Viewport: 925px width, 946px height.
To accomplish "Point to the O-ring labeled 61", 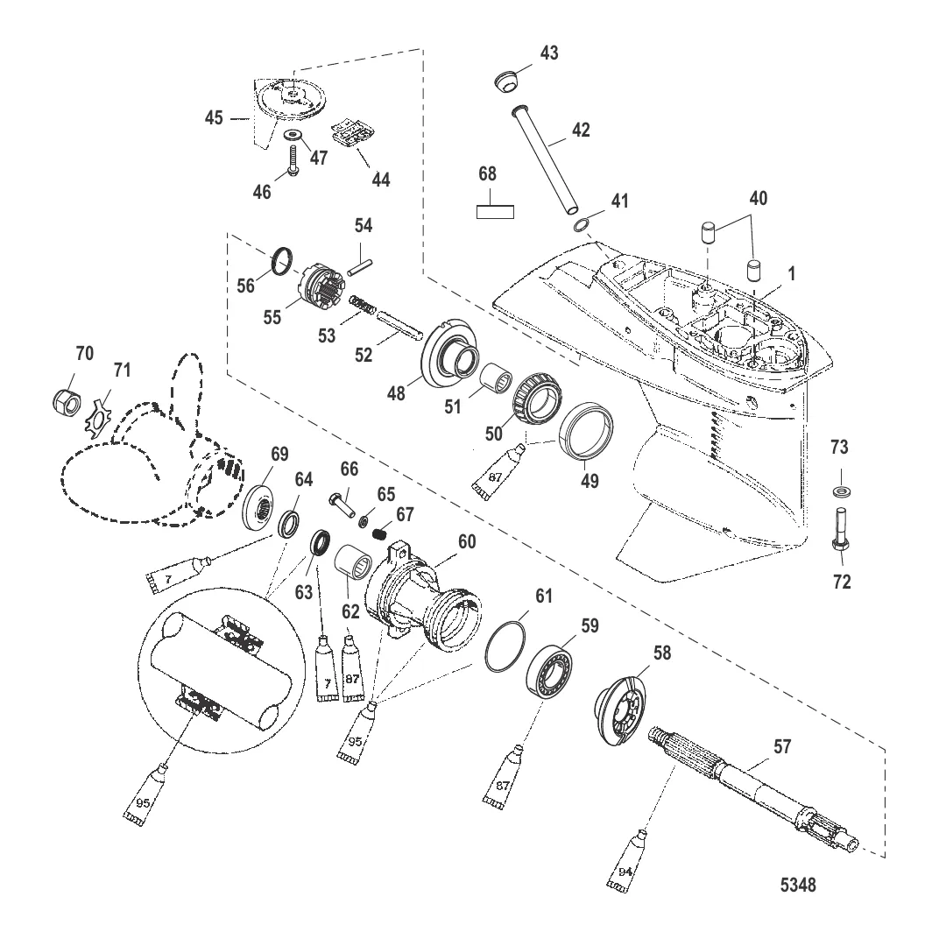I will pos(509,645).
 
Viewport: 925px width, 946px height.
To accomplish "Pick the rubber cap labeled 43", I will pos(505,82).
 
